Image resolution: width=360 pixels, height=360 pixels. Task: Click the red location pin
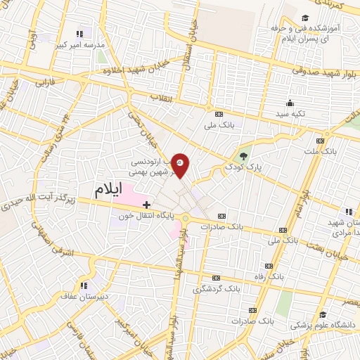(180, 165)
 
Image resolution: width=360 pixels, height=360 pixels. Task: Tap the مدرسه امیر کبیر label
(84, 44)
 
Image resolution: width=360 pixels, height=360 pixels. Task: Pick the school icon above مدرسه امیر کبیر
(79, 33)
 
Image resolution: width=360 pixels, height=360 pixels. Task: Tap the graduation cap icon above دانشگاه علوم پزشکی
(322, 314)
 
